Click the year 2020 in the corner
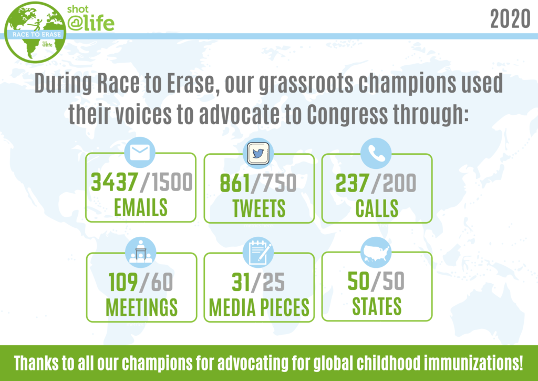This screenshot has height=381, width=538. tap(510, 19)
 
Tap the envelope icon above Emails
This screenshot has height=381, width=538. tap(140, 153)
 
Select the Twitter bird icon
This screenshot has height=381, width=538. tap(258, 153)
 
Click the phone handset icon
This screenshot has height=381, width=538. tap(376, 153)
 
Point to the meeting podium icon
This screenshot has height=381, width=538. tap(141, 253)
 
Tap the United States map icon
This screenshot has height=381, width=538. tap(376, 252)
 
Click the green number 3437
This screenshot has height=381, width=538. tap(114, 182)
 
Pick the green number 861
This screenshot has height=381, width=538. tap(235, 183)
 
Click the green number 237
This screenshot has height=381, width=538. tap(353, 183)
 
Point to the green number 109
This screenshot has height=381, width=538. tap(123, 283)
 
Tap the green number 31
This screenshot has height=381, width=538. tap(241, 283)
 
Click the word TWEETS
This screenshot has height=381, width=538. tap(259, 208)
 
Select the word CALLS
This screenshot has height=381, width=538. tap(377, 208)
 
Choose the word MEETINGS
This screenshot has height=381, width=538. tap(141, 307)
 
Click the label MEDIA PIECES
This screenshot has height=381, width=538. tap(259, 307)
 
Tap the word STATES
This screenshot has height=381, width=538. tap(377, 306)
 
